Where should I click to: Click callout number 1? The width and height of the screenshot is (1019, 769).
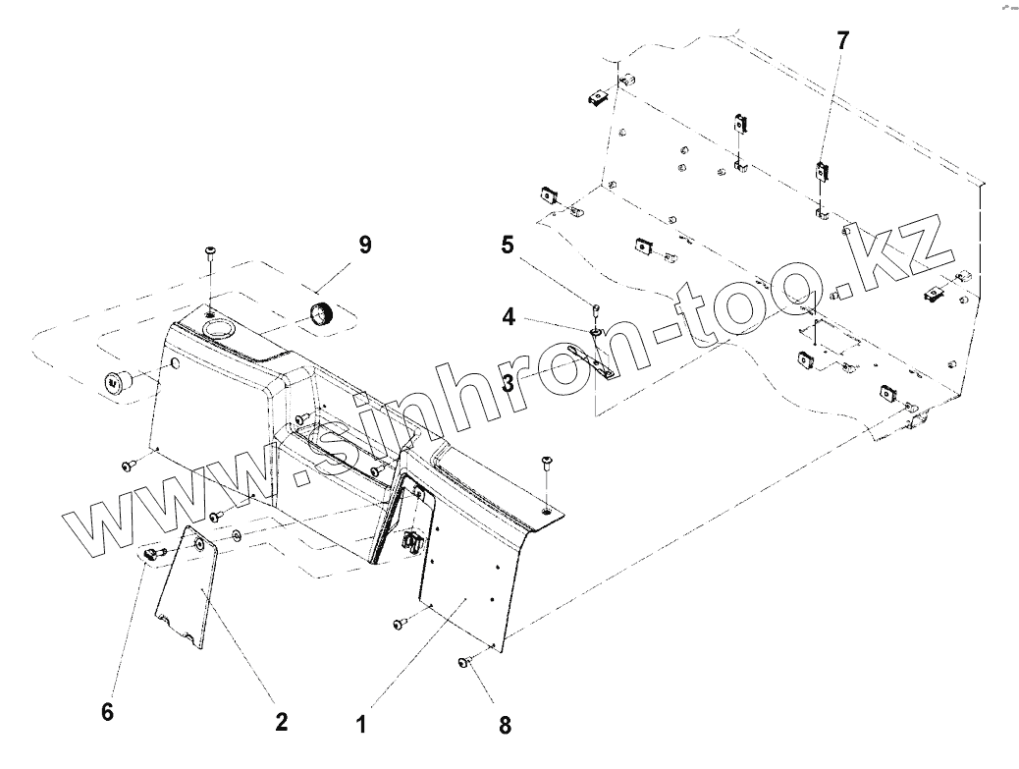coord(361,726)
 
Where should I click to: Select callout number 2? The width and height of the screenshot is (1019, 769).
coord(281,722)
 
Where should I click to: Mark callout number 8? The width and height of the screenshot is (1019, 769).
coord(505,726)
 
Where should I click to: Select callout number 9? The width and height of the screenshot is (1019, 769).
coord(364,245)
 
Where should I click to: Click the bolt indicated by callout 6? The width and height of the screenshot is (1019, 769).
coord(151,556)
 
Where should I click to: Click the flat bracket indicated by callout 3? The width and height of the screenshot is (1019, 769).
coord(601,362)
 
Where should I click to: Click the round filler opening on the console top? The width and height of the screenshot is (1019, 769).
coord(216,327)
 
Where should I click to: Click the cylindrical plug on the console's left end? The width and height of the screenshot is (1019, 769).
coord(116,382)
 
